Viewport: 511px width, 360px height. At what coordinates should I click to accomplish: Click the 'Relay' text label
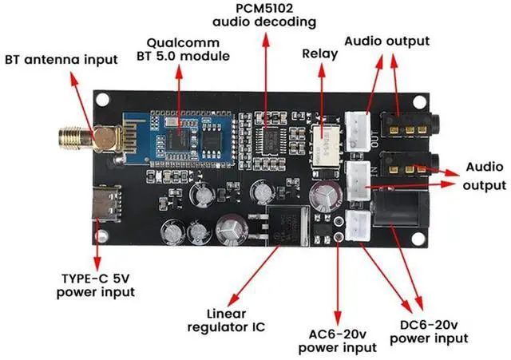point(319,53)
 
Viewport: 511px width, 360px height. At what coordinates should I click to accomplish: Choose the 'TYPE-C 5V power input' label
point(97,285)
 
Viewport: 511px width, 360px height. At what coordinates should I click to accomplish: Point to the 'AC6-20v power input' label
point(337,340)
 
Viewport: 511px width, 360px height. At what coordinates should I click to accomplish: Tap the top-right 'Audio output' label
point(387,41)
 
